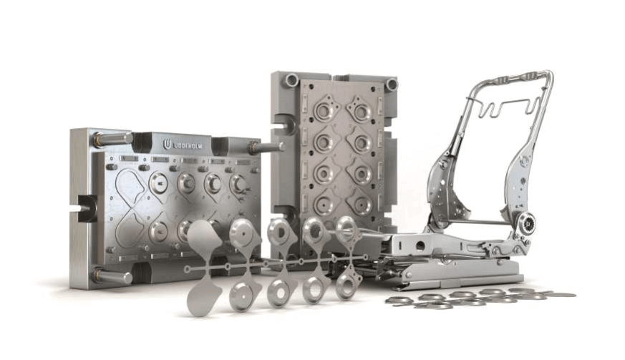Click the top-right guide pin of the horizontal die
(x=265, y=147)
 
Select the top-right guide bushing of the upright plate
(x=392, y=84)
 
